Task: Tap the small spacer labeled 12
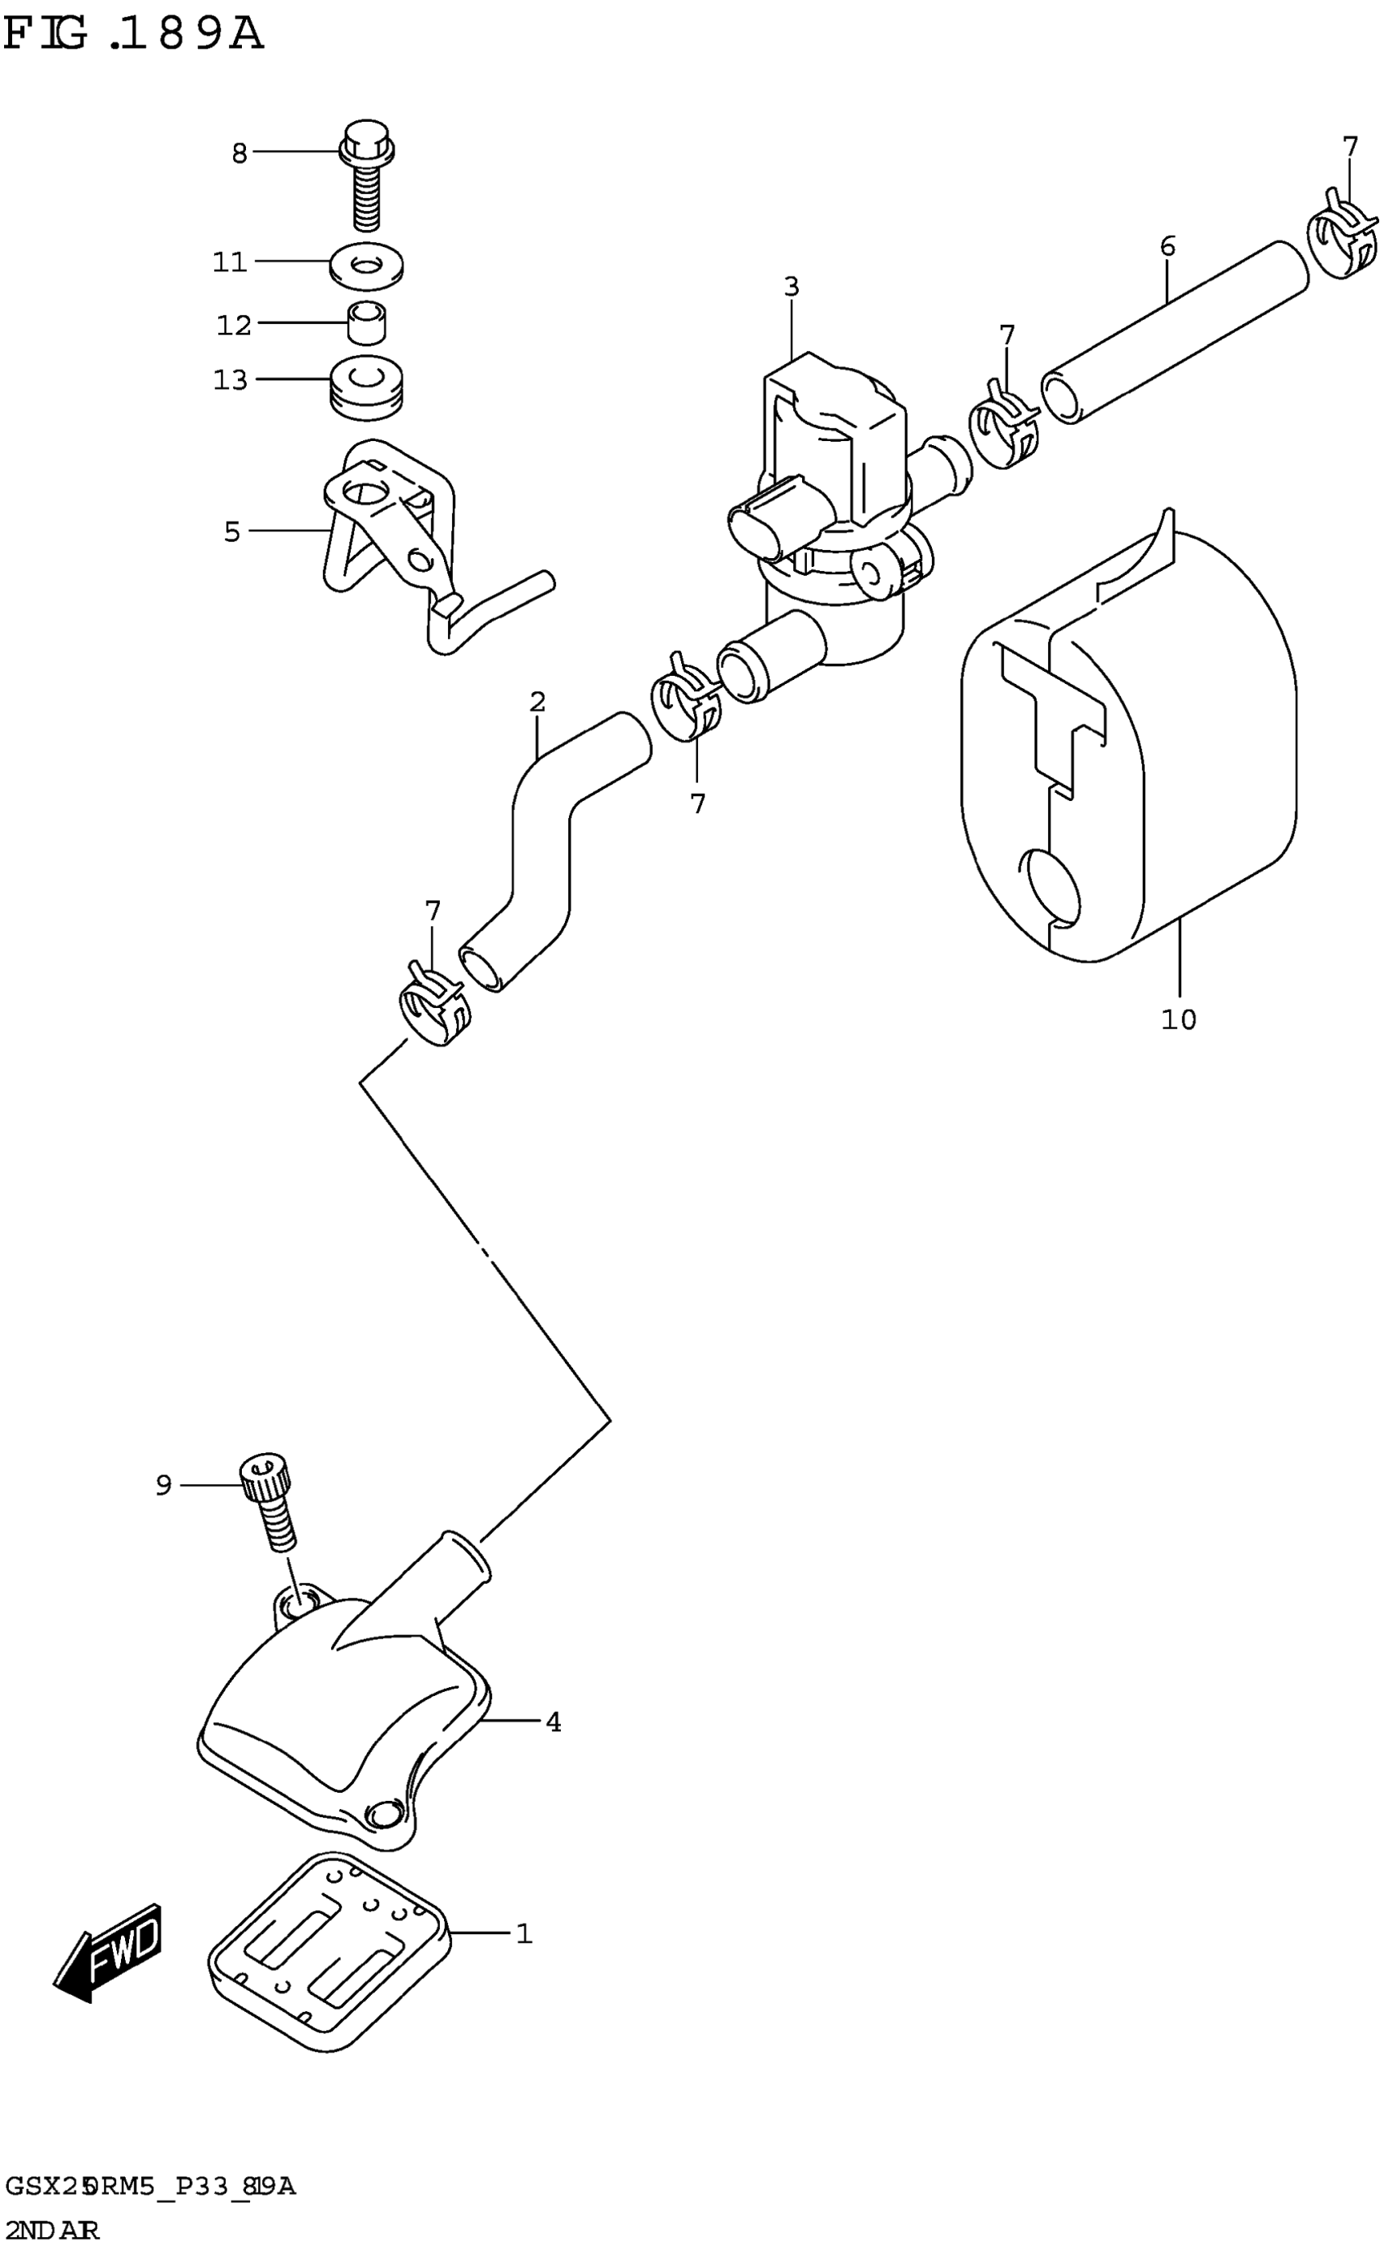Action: [367, 323]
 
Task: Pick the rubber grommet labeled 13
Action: [367, 388]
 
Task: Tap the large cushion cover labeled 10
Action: [1132, 749]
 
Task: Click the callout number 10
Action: [1179, 1019]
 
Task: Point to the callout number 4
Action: [552, 1722]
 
